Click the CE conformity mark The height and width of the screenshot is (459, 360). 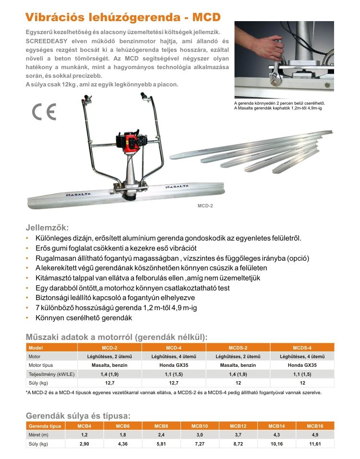click(44, 111)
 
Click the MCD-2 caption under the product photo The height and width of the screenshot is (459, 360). click(205, 205)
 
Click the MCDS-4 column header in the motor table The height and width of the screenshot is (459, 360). click(302, 347)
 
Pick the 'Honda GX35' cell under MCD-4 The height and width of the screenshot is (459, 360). click(173, 365)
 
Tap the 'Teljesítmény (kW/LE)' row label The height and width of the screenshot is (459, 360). click(50, 374)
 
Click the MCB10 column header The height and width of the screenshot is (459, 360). click(199, 426)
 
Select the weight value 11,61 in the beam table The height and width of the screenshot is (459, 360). click(315, 444)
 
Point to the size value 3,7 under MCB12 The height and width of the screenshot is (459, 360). click(238, 435)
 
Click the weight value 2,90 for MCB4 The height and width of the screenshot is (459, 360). click(84, 444)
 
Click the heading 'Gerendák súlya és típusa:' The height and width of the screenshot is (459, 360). click(78, 416)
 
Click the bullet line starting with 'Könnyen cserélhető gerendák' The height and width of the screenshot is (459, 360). click(84, 318)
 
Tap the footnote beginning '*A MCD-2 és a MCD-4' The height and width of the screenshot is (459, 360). click(173, 392)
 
